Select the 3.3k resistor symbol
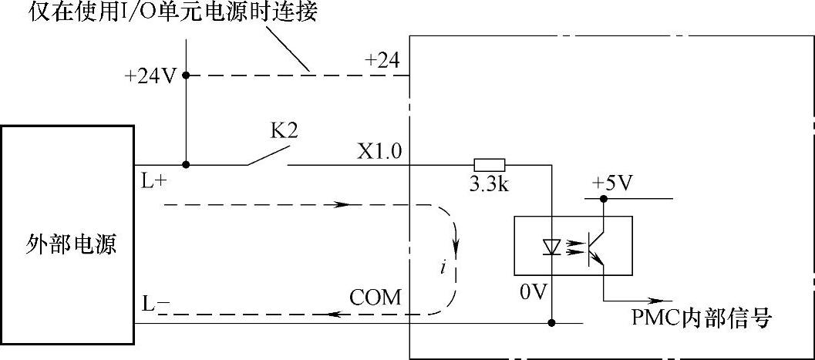489,164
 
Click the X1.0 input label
379,151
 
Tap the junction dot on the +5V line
604,199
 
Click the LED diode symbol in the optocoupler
551,247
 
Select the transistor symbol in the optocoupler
596,247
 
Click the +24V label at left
150,76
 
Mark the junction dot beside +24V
186,76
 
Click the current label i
442,267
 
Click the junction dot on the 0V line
552,323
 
